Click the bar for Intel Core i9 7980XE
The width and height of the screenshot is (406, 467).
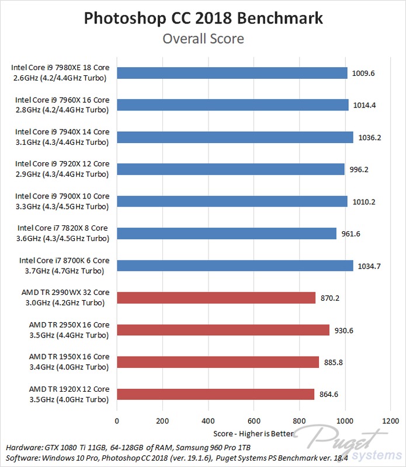tap(232, 73)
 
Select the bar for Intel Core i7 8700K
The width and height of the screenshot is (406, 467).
tap(235, 266)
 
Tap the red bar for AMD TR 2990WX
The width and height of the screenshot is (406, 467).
tap(216, 298)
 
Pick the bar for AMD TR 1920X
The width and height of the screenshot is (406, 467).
tap(216, 394)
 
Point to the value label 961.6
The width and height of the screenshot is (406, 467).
tap(350, 234)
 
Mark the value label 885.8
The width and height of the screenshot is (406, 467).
tap(332, 363)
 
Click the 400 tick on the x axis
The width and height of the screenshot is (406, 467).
tap(209, 420)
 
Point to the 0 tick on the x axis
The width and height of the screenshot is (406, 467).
tap(117, 420)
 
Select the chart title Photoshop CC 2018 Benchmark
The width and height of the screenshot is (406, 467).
tap(203, 19)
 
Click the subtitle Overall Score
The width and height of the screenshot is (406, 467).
tap(203, 39)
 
